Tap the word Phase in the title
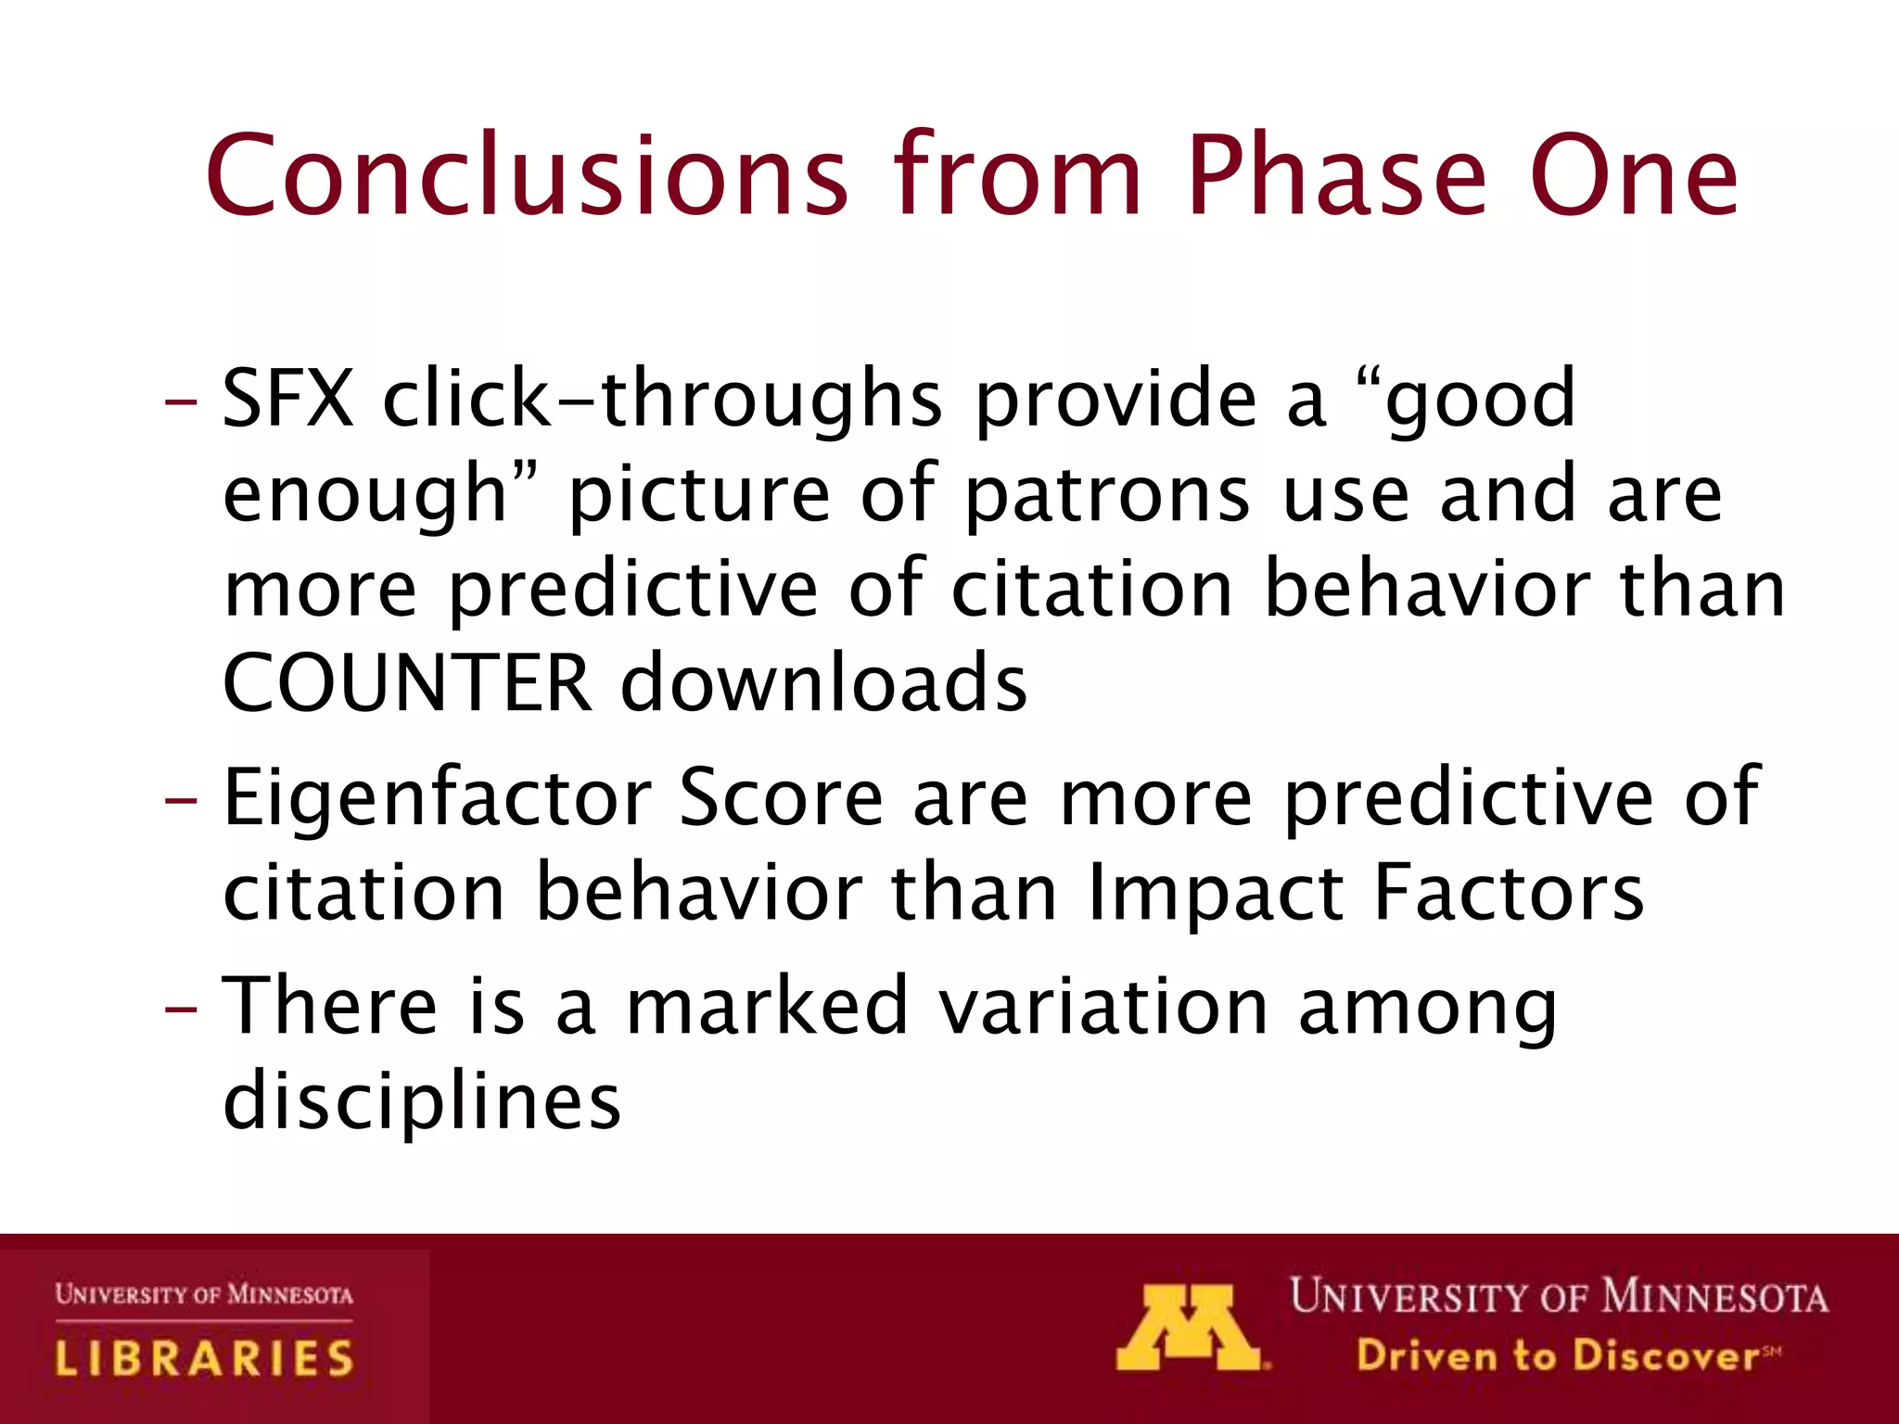1336,176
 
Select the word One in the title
1633,176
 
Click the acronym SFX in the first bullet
288,399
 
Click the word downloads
823,683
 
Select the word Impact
1215,894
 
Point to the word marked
767,1008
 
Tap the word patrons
1108,494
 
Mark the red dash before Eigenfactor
181,800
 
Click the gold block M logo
1189,1328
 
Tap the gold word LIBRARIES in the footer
204,1358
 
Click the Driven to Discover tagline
1558,1356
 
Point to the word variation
1103,1008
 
